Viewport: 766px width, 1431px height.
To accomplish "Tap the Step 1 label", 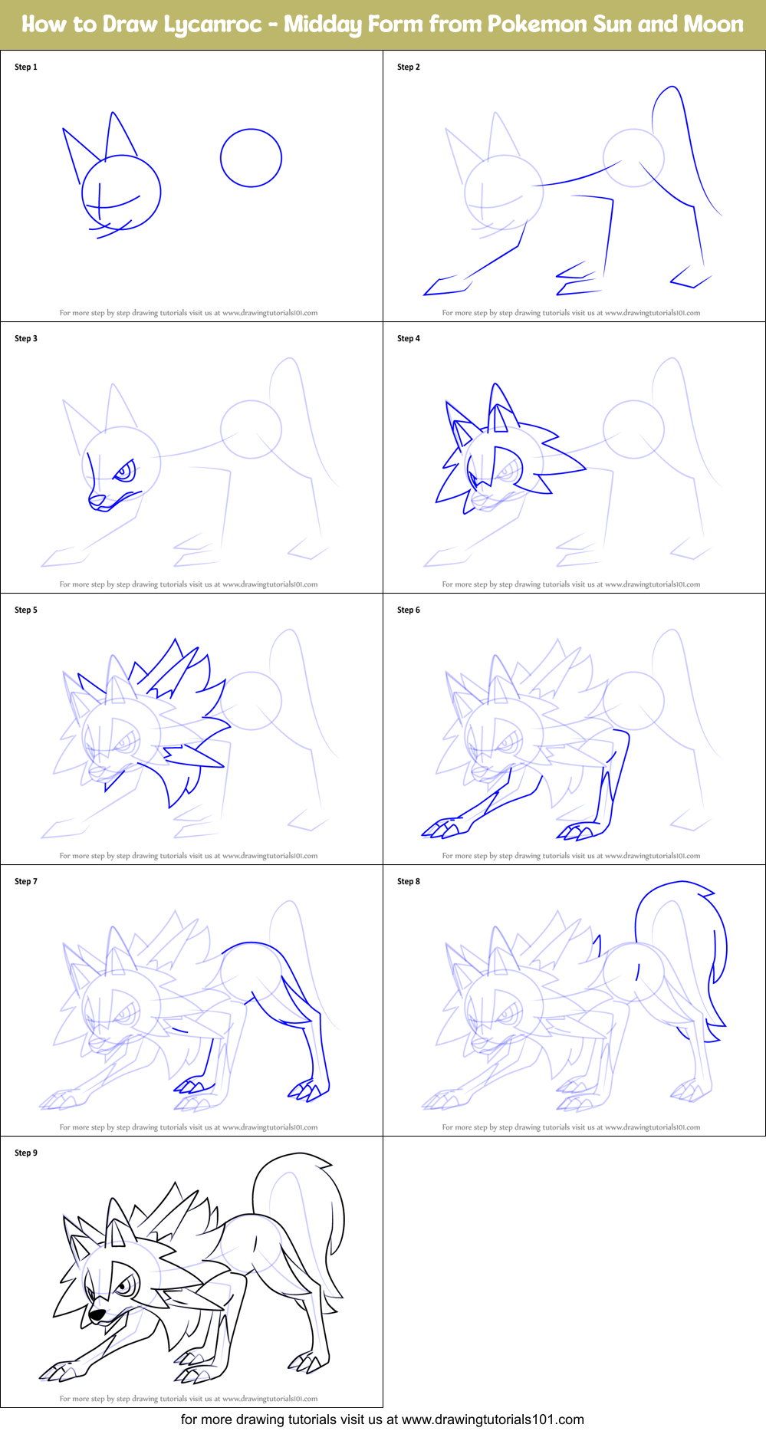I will click(26, 67).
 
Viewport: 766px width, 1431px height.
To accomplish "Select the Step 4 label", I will click(409, 338).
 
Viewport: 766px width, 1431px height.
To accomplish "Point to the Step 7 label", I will click(26, 881).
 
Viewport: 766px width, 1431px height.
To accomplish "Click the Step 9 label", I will click(26, 1153).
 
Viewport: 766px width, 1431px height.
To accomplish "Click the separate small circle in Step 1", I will click(251, 158).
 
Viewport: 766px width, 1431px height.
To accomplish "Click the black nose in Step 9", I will click(97, 1316).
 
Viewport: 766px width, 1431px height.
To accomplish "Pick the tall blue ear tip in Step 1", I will click(113, 114).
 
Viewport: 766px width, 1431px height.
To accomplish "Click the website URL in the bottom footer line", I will click(492, 1419).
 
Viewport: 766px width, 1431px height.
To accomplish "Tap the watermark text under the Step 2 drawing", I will click(570, 313).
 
